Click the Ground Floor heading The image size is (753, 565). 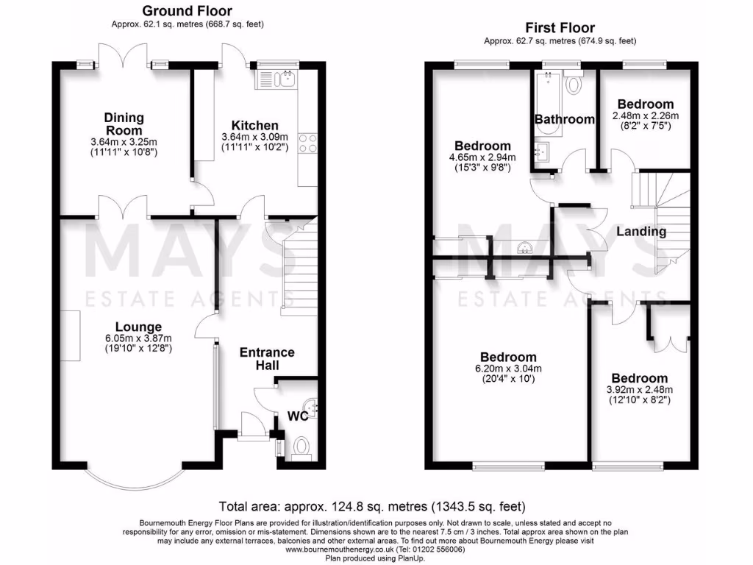click(x=187, y=11)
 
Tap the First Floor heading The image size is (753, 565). click(x=560, y=28)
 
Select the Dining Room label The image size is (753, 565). click(x=124, y=123)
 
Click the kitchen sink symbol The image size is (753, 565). click(x=276, y=77)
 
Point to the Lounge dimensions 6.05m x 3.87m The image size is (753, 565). click(x=138, y=340)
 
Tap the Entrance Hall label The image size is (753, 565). click(x=267, y=358)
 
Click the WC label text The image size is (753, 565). click(x=297, y=416)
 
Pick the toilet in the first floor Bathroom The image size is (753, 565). click(x=573, y=84)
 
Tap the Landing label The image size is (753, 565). click(x=640, y=232)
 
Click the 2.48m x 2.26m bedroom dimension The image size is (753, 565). click(x=646, y=116)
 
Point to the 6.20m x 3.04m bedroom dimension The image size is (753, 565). click(x=508, y=369)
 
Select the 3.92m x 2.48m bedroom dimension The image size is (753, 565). click(x=640, y=390)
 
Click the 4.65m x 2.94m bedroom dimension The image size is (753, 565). click(x=482, y=157)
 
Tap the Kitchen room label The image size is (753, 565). click(x=255, y=125)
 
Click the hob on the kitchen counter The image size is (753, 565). click(x=307, y=143)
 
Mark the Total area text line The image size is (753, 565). click(x=373, y=506)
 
